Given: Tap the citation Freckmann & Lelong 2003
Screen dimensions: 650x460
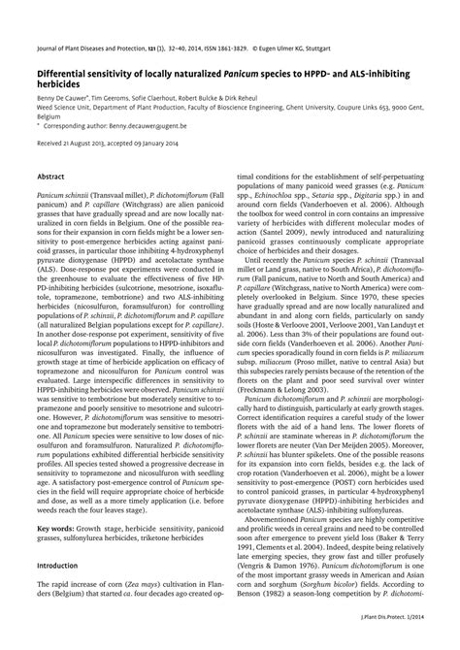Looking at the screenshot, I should [280, 408].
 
